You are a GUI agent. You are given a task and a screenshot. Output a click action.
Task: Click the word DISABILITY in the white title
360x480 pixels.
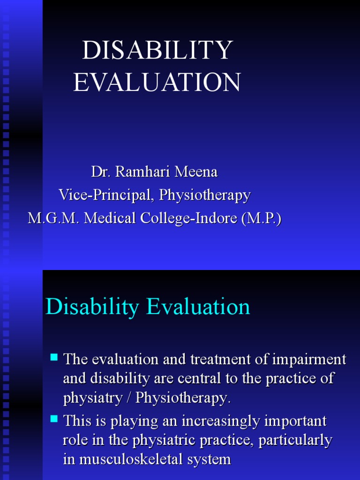(x=157, y=51)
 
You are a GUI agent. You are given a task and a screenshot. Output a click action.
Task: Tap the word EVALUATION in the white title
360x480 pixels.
(x=157, y=82)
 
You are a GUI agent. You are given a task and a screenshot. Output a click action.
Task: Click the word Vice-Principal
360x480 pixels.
(x=106, y=195)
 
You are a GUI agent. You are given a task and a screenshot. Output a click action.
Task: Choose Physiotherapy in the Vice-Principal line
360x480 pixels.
(x=205, y=195)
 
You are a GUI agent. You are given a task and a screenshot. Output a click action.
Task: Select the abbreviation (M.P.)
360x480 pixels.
(x=262, y=218)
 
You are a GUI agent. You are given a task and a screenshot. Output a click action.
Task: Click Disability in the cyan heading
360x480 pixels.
(x=92, y=307)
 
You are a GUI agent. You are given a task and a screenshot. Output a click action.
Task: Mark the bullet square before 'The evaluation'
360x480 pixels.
(x=54, y=358)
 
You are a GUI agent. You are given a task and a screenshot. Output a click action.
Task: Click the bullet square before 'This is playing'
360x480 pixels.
(x=54, y=418)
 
